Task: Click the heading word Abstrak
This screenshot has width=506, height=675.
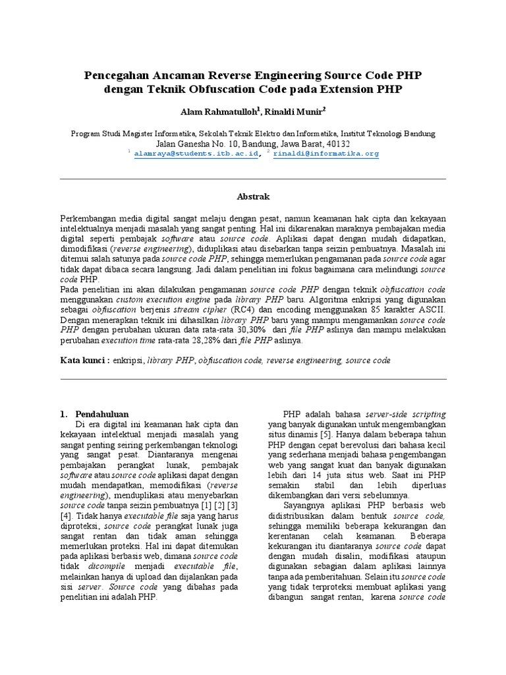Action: [x=253, y=196]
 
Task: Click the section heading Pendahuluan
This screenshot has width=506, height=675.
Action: [x=102, y=414]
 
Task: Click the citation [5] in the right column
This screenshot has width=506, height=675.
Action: [x=326, y=435]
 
